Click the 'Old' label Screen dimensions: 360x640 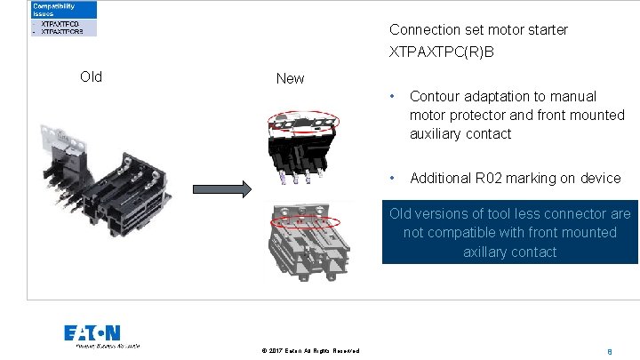tap(91, 76)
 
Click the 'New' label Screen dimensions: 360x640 tap(290, 78)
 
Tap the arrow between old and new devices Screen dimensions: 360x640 tap(220, 189)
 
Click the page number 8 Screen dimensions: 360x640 tap(609, 350)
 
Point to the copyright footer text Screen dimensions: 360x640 tap(310, 350)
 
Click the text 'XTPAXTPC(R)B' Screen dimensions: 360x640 tap(441, 52)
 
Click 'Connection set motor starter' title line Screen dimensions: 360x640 tap(478, 29)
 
